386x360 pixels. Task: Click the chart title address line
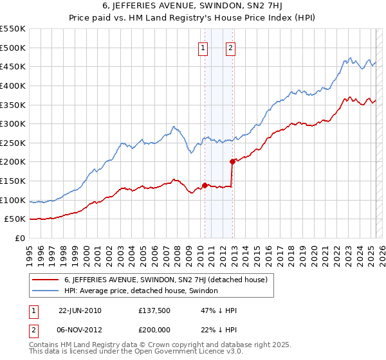(193, 6)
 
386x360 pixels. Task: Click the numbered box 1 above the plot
(203, 47)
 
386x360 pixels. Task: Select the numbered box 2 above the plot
(230, 47)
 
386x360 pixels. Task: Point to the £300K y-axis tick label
(12, 123)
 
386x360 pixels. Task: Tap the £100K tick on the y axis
(12, 200)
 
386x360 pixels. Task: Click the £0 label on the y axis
(19, 238)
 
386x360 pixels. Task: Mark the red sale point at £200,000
(232, 161)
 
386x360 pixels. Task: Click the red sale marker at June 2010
(205, 185)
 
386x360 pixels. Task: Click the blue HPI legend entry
(141, 291)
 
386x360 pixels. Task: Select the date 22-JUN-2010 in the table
(80, 310)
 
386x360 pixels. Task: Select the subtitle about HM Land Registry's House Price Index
(193, 18)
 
